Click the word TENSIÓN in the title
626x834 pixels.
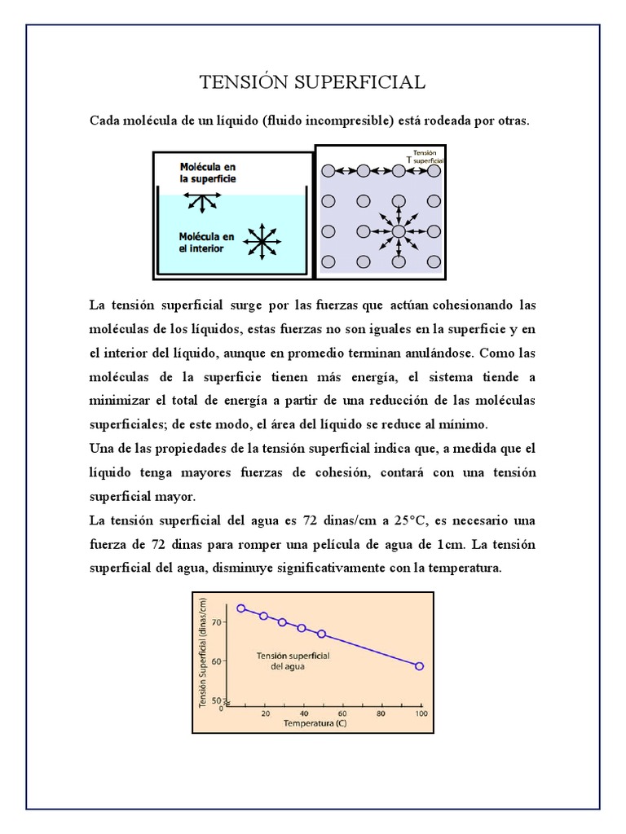point(242,82)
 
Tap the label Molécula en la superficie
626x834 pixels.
point(208,172)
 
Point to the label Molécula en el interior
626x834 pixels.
point(207,242)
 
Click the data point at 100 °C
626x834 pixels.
point(419,666)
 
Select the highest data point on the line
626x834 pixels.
point(240,608)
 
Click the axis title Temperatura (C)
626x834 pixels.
point(308,722)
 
